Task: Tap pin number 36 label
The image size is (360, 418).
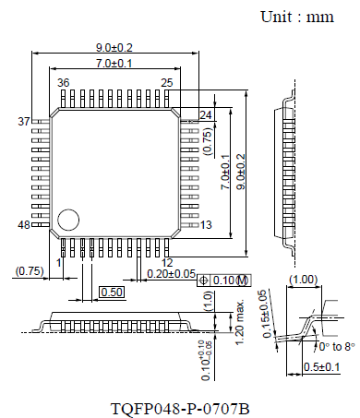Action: (63, 83)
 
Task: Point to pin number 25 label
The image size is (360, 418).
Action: (166, 83)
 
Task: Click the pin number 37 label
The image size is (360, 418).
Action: (24, 122)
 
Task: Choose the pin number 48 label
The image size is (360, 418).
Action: (24, 225)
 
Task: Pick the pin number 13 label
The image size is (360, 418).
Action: (206, 225)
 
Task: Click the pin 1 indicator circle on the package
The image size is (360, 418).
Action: (67, 220)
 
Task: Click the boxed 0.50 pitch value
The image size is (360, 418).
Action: (112, 292)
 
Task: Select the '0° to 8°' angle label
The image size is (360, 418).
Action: (333, 347)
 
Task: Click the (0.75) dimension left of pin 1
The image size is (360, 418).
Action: (30, 270)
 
